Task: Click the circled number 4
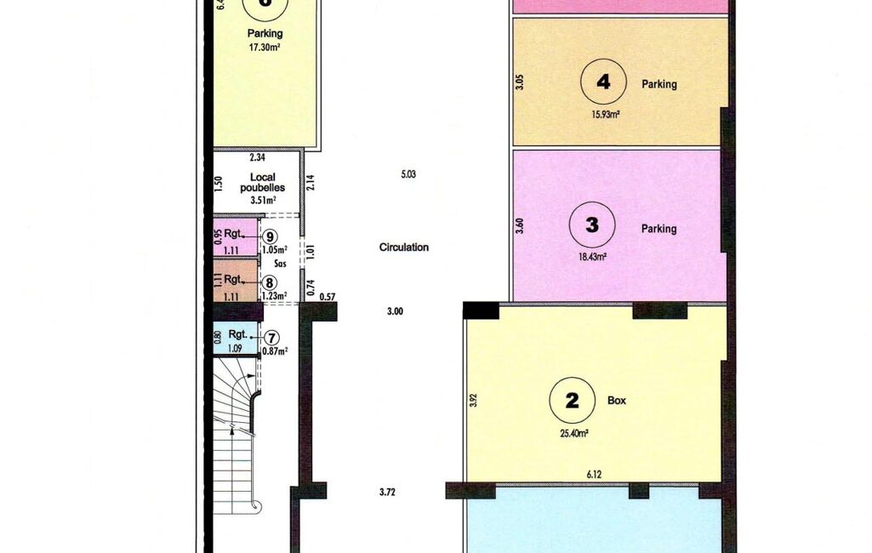(603, 82)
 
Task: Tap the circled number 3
(592, 225)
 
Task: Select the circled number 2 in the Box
(573, 401)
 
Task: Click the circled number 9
(269, 237)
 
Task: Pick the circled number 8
(269, 282)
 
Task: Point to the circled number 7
(271, 338)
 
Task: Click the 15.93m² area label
(606, 115)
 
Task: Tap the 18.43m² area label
(592, 256)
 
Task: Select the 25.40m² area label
(574, 433)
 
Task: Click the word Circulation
(404, 248)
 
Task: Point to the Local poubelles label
(263, 182)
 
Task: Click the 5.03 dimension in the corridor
(408, 174)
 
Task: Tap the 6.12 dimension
(594, 475)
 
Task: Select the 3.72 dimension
(387, 492)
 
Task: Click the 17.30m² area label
(265, 48)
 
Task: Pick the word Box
(617, 401)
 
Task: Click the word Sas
(281, 264)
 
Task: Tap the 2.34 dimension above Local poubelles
(257, 157)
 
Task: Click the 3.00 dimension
(395, 311)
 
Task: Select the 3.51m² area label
(264, 200)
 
